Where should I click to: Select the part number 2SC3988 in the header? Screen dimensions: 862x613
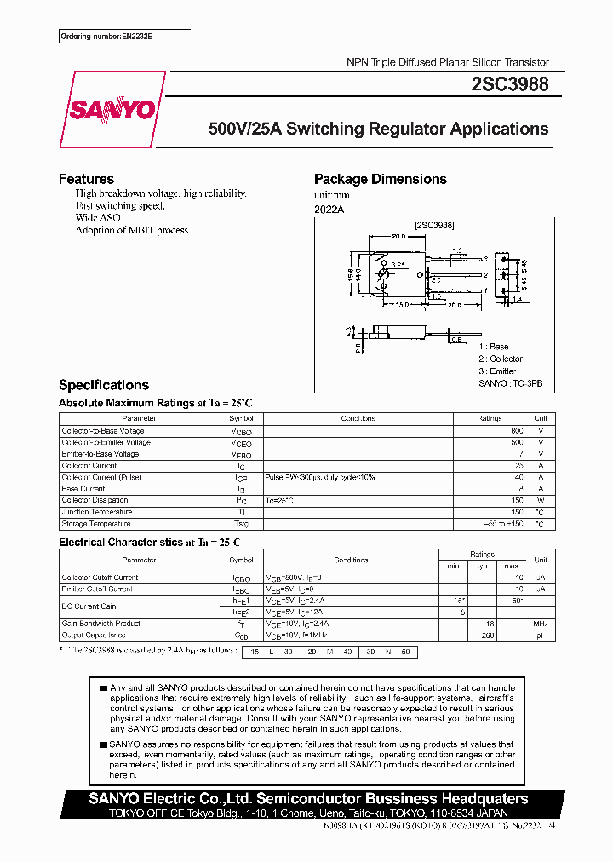click(x=509, y=85)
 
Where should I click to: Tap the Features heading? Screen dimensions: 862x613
click(x=86, y=179)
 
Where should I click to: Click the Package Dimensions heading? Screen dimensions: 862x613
click(x=380, y=179)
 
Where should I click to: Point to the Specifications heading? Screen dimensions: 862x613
click(x=103, y=385)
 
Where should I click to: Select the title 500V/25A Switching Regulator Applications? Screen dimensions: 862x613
click(x=379, y=129)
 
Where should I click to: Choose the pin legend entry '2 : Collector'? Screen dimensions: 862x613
click(x=500, y=359)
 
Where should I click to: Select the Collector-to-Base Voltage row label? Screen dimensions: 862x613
click(x=103, y=431)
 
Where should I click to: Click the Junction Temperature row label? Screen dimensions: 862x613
click(x=97, y=512)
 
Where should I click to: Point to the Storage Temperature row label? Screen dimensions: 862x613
click(x=96, y=524)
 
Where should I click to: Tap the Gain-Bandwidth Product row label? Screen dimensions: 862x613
click(x=101, y=624)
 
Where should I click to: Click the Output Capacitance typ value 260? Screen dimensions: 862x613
click(x=487, y=635)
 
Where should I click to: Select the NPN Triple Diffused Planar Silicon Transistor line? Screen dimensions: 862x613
click(x=447, y=62)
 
